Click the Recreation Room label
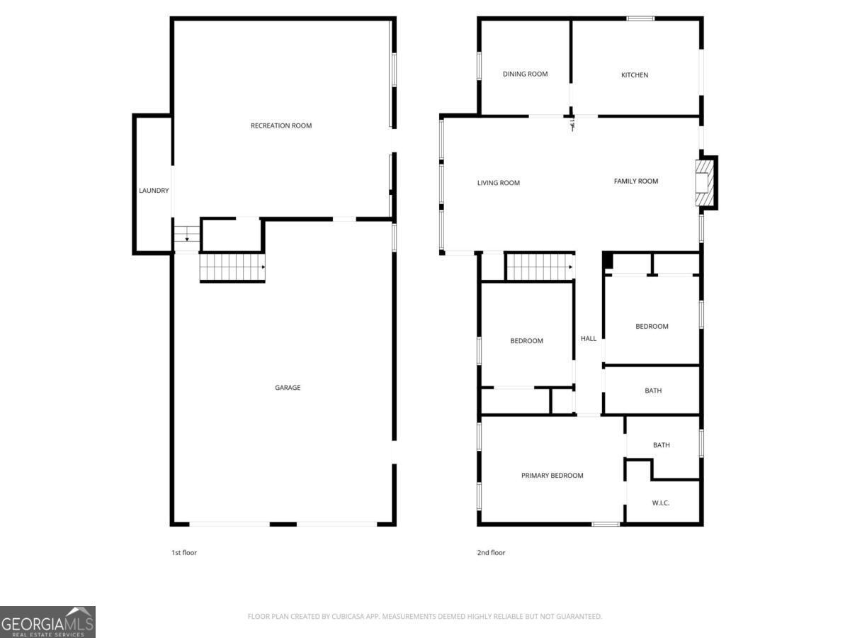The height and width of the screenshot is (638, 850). click(x=281, y=125)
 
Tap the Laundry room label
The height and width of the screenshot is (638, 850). click(x=154, y=191)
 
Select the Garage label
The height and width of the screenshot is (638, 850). click(x=288, y=388)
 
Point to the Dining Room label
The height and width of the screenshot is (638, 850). click(x=525, y=74)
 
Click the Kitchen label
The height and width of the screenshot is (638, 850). click(x=635, y=75)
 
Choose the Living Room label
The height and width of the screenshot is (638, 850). click(x=499, y=183)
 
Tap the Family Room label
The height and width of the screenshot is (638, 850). click(x=636, y=181)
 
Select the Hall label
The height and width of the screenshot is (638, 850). click(x=589, y=339)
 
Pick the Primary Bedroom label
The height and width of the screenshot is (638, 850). click(x=552, y=476)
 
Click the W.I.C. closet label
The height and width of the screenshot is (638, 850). click(x=661, y=503)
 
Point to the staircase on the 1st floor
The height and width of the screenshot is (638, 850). click(x=232, y=267)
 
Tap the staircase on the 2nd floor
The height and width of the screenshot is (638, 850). click(x=539, y=267)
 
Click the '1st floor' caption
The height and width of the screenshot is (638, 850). click(x=184, y=553)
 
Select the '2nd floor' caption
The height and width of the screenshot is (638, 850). click(x=491, y=553)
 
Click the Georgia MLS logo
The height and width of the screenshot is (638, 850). click(x=47, y=622)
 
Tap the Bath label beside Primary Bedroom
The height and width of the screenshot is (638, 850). click(x=662, y=445)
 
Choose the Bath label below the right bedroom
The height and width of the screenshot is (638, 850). click(x=653, y=391)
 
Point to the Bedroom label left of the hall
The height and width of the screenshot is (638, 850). click(x=527, y=341)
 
